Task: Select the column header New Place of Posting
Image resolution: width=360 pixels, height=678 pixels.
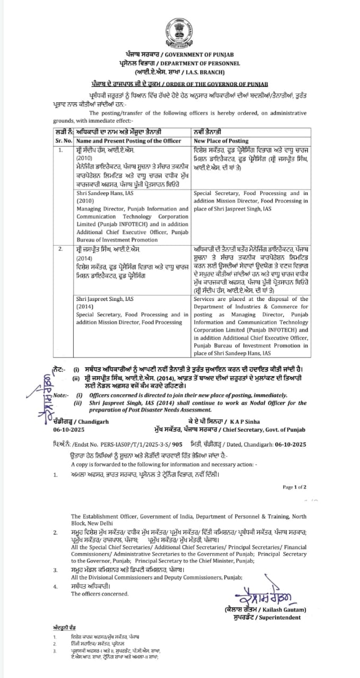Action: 221,141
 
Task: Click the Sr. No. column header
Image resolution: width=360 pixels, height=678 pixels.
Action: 64,141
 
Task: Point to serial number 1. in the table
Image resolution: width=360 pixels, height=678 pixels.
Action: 61,150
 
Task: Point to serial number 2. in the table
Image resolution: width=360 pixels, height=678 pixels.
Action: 61,248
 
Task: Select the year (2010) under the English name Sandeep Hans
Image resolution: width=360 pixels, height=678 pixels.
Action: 85,202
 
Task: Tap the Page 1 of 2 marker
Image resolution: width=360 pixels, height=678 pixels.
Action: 294,487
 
